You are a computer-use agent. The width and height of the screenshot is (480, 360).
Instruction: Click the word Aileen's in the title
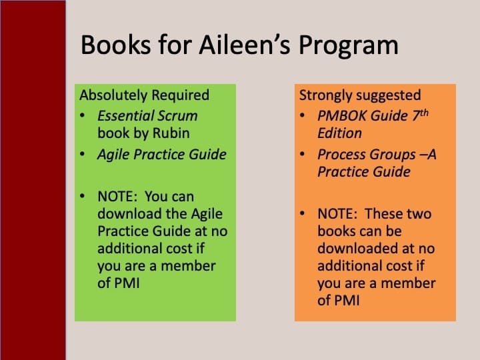[x=244, y=45]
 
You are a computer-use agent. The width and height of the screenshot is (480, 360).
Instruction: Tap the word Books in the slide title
[x=115, y=45]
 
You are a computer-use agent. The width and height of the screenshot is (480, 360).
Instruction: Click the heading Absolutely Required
[x=144, y=95]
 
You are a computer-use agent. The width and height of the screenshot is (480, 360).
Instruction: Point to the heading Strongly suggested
[x=360, y=96]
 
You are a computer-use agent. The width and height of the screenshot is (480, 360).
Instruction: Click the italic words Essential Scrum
[x=147, y=116]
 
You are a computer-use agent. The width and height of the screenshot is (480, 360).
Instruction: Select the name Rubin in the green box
[x=171, y=133]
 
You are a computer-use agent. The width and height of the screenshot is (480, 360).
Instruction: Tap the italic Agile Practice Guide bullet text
[x=161, y=155]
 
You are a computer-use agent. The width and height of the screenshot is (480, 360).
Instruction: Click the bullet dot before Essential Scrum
[x=82, y=116]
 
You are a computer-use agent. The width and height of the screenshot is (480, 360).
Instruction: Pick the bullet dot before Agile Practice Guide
[x=82, y=154]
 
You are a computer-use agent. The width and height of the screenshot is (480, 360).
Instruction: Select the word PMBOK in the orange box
[x=342, y=116]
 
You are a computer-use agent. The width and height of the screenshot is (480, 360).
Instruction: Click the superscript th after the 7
[x=424, y=113]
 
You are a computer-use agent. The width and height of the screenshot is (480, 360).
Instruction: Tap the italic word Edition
[x=339, y=133]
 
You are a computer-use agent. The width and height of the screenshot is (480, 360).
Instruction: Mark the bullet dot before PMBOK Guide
[x=302, y=116]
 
